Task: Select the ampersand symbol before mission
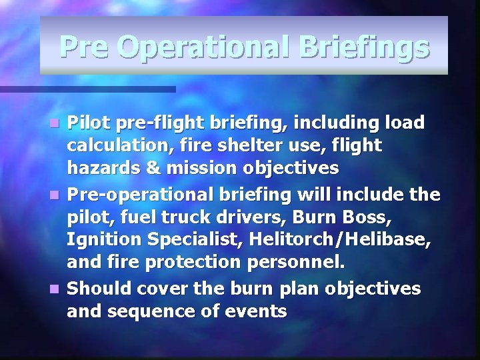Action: click(x=153, y=167)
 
